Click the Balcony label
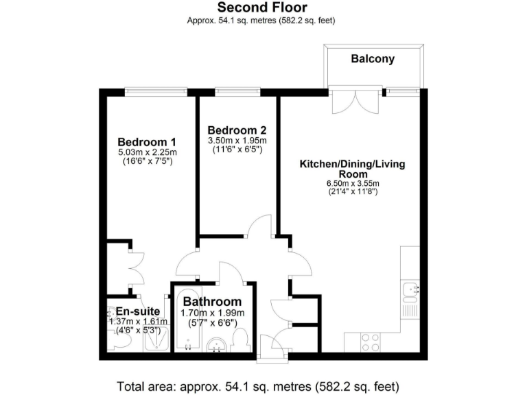[x=373, y=59]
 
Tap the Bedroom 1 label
[x=147, y=143]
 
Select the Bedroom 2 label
[x=237, y=130]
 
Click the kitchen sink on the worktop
[x=410, y=292]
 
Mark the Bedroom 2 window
[x=237, y=91]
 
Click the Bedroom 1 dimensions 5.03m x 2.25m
[x=147, y=153]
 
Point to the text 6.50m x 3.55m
[x=353, y=184]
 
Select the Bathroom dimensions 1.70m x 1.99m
[x=212, y=313]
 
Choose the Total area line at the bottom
[x=258, y=385]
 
